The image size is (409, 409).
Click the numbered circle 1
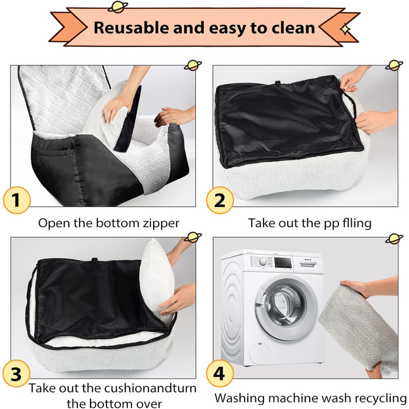[17, 200]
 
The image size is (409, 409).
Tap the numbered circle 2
[220, 200]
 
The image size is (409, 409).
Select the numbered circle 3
[16, 373]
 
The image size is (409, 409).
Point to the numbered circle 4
[220, 373]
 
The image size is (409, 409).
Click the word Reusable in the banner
[131, 27]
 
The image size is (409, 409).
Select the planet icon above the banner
[118, 7]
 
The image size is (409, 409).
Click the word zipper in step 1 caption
[161, 224]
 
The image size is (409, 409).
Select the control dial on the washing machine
[263, 261]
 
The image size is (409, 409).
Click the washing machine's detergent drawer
[308, 264]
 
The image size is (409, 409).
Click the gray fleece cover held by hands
[359, 327]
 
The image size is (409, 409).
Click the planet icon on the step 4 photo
[394, 238]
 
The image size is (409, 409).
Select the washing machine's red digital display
[282, 262]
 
